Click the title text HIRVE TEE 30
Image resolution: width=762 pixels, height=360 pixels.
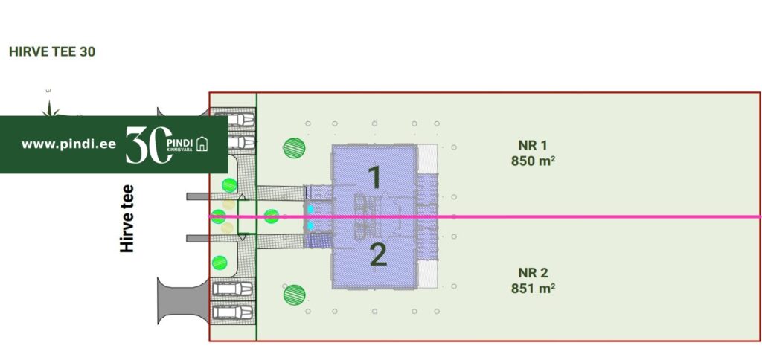[51, 52]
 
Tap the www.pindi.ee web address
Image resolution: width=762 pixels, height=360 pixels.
[68, 144]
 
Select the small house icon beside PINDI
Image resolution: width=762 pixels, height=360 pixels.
[201, 144]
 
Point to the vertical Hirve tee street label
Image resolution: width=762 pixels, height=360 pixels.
[127, 218]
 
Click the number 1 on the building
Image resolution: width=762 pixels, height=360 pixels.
[375, 178]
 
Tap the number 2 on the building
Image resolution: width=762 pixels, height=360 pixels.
[378, 256]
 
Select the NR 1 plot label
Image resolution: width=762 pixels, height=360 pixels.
[533, 145]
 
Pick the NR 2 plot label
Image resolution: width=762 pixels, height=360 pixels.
[533, 273]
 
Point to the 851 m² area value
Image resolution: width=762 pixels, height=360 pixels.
[533, 288]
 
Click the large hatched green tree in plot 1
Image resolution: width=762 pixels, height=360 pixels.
[294, 147]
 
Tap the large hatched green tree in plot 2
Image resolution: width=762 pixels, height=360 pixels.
[294, 295]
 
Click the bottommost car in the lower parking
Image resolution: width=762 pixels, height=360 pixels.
[233, 312]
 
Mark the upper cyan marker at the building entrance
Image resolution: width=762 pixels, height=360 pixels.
[310, 210]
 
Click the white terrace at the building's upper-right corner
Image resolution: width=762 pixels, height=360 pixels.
[428, 159]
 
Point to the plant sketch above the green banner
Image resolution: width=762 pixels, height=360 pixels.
[51, 109]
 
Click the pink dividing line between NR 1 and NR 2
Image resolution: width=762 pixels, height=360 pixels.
[595, 216]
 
